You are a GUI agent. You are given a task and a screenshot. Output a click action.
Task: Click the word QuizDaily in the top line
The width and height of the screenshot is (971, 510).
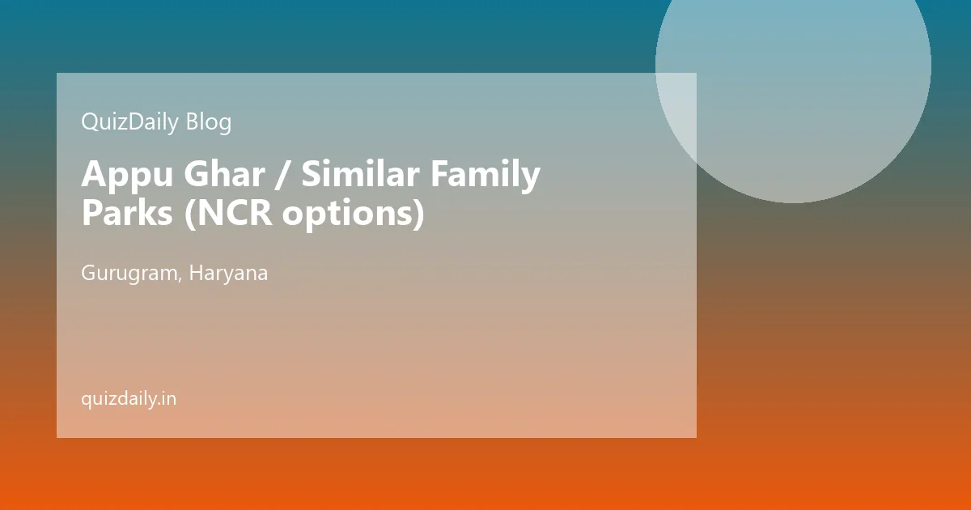129,122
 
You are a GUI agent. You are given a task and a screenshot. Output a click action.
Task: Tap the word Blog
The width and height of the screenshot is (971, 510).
209,122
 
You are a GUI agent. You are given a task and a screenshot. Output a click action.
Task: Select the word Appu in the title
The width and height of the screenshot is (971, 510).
128,175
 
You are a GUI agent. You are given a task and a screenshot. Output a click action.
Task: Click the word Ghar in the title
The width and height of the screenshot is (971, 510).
224,173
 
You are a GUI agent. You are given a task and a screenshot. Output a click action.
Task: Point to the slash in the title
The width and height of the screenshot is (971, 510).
283,175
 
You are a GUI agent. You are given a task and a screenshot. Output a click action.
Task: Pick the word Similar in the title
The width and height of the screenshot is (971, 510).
360,173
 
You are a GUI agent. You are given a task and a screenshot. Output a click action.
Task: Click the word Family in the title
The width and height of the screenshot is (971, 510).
485,175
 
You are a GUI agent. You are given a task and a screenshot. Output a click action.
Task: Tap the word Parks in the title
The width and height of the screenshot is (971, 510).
128,212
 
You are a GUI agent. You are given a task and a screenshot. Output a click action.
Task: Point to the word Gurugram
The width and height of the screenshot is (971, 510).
129,274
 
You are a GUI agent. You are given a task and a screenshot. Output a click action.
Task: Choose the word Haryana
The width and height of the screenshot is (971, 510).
228,274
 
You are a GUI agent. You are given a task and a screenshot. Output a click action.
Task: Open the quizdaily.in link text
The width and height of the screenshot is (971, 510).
129,399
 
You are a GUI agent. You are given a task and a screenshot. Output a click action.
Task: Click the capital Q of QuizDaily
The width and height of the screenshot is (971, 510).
90,122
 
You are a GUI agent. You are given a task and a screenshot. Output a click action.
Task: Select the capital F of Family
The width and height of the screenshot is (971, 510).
439,173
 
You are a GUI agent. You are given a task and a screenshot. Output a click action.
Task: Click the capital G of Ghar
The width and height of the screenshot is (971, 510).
197,173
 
